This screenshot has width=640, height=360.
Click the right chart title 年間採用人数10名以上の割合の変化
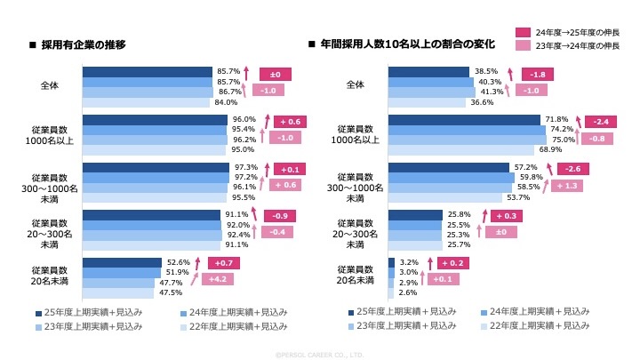click(407, 44)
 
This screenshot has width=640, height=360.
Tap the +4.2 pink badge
click(218, 278)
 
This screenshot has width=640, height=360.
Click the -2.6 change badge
click(572, 169)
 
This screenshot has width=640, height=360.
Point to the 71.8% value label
click(556, 119)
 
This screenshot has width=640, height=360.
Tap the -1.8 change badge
click(535, 74)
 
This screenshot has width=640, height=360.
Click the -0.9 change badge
click(279, 216)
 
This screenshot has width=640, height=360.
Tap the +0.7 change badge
click(224, 263)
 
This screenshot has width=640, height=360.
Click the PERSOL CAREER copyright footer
click(320, 354)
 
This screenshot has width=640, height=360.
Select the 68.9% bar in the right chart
click(462, 148)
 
